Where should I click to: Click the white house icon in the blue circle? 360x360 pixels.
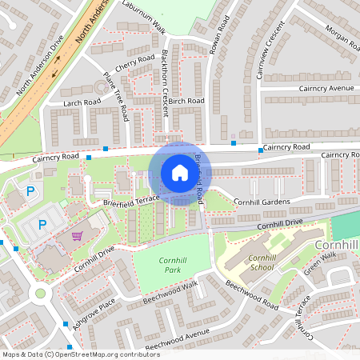[x=179, y=172]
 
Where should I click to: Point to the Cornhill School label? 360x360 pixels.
[x=261, y=262]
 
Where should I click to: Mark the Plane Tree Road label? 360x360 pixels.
[x=116, y=97]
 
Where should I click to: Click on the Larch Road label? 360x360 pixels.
[x=82, y=102]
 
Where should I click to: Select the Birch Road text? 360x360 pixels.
[x=186, y=101]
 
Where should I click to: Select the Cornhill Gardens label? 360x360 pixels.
[x=261, y=202]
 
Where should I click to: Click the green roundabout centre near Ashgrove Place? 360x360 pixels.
[x=38, y=294]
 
